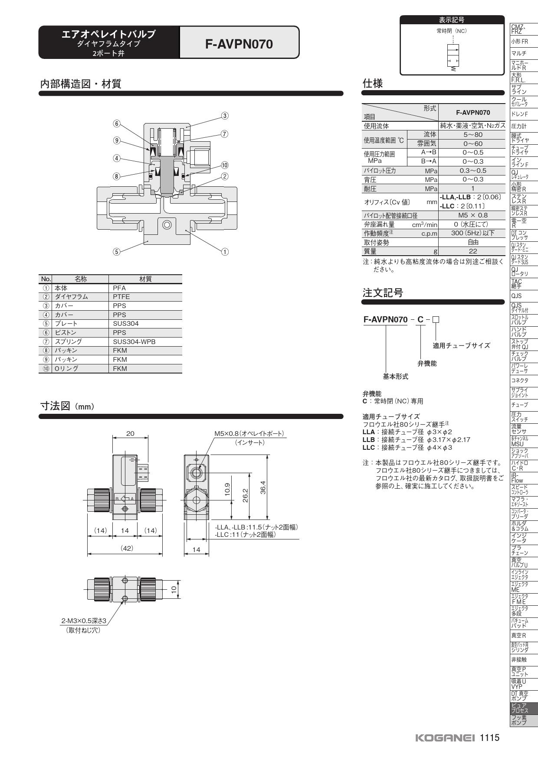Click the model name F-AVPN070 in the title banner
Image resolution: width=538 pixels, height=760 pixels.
239,44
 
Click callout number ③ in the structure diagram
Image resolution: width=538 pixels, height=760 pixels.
225,116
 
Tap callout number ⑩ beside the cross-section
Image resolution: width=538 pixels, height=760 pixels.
225,165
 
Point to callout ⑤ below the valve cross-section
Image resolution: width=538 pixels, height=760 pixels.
116,252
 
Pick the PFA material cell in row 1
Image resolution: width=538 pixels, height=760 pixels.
119,288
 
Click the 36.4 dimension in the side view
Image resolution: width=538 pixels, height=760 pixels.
263,487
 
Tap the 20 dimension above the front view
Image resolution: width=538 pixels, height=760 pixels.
130,433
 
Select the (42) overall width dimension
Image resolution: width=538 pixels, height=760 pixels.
126,548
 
